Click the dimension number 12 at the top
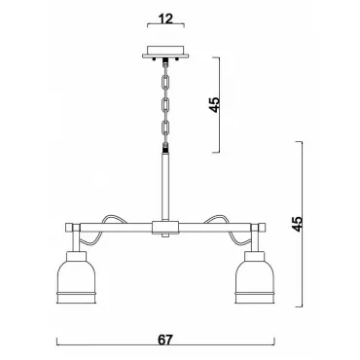(x=166, y=19)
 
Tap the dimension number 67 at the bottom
(x=165, y=340)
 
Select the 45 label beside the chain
(x=214, y=105)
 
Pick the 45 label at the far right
(x=297, y=224)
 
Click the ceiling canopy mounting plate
(x=166, y=53)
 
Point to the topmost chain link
(x=166, y=83)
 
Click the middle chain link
(x=166, y=105)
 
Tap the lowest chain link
(x=166, y=127)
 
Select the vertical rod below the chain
(x=166, y=187)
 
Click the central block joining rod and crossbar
(x=165, y=228)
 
